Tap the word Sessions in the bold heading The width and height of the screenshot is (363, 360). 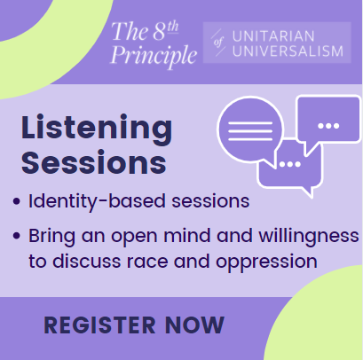pyautogui.click(x=94, y=162)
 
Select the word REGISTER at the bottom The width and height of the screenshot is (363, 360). pyautogui.click(x=99, y=325)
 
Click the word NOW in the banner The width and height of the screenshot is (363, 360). pyautogui.click(x=194, y=325)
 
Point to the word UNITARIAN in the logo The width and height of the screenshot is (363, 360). pyautogui.click(x=273, y=36)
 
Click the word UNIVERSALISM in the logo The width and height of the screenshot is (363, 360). pyautogui.click(x=288, y=51)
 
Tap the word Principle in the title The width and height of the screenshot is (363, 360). pyautogui.click(x=154, y=55)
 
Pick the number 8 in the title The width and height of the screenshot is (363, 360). pyautogui.click(x=160, y=32)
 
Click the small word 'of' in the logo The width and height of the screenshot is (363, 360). pyautogui.click(x=218, y=43)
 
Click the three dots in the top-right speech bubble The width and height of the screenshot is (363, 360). pyautogui.click(x=328, y=126)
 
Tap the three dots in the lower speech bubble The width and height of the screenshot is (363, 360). pyautogui.click(x=290, y=164)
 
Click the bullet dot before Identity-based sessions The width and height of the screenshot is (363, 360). pyautogui.click(x=17, y=201)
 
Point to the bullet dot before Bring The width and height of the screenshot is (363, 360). pyautogui.click(x=17, y=236)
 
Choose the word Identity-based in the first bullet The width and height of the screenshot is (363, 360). pyautogui.click(x=97, y=202)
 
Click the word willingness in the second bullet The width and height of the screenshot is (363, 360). pyautogui.click(x=309, y=237)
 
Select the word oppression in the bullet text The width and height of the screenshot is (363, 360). pyautogui.click(x=266, y=262)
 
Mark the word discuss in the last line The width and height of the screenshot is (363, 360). pyautogui.click(x=87, y=261)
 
